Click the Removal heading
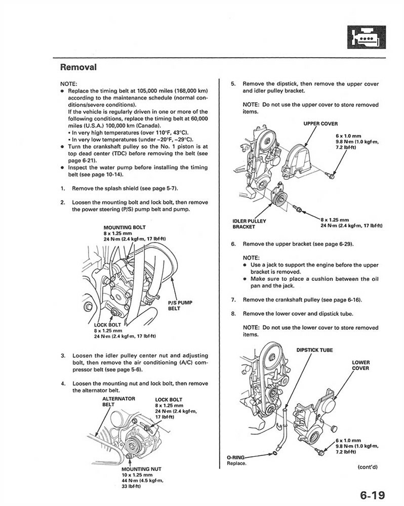(78, 67)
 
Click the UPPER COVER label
(320, 123)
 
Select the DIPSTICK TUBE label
(314, 350)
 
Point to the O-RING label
(237, 457)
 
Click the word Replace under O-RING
(237, 463)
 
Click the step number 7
(233, 300)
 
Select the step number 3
(62, 356)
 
